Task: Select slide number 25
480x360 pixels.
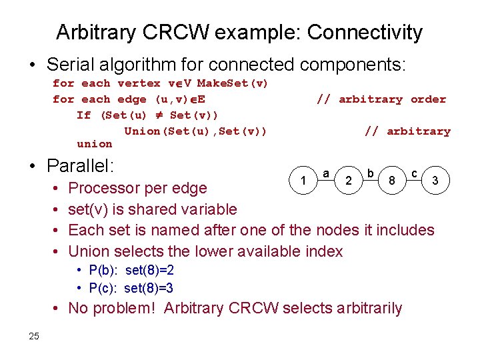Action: pos(35,335)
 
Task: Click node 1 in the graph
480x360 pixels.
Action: pos(304,180)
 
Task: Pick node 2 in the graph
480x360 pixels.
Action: pos(348,180)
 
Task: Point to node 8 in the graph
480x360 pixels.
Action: pos(392,180)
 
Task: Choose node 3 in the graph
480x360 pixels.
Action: pos(435,180)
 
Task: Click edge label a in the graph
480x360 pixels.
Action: pos(326,173)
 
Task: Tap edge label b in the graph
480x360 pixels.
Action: pos(370,173)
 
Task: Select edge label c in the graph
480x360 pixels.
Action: pos(414,173)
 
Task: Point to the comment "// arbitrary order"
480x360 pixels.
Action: pos(381,99)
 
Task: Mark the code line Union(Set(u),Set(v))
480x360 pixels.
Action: pos(195,131)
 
